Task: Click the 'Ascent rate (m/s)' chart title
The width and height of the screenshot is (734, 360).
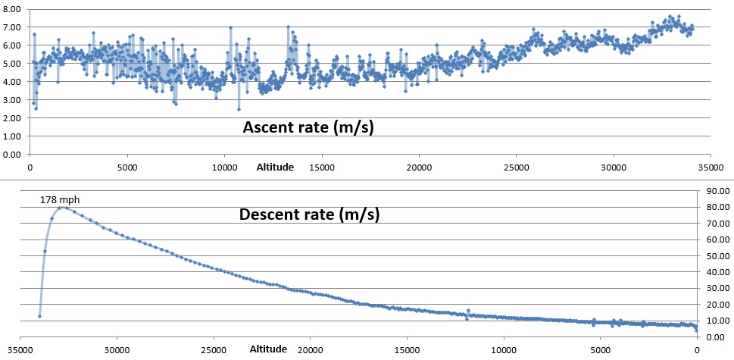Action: [308, 127]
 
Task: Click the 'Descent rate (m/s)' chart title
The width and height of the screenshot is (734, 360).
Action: [309, 214]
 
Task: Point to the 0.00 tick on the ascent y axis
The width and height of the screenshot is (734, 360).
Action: [11, 155]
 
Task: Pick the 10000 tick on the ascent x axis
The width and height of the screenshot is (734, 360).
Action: [224, 166]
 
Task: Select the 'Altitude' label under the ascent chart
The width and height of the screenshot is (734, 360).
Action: [274, 166]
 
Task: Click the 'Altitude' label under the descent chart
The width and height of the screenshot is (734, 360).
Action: [268, 349]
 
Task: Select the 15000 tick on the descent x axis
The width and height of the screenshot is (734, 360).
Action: [407, 349]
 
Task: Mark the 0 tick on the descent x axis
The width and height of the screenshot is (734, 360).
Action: [697, 349]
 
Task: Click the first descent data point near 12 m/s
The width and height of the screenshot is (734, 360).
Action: [39, 316]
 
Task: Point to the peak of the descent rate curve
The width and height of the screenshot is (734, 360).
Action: [62, 207]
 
